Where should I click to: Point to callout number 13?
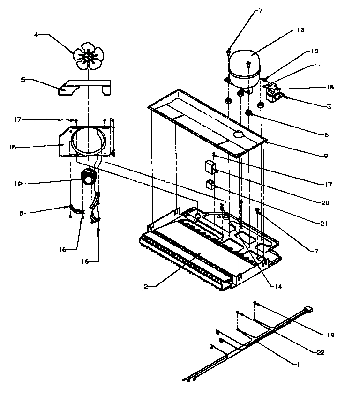(300, 30)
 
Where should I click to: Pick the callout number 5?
(22, 80)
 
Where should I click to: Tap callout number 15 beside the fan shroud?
(13, 148)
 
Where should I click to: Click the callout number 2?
(146, 286)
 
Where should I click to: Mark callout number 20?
(325, 203)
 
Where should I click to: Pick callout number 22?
(320, 352)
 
